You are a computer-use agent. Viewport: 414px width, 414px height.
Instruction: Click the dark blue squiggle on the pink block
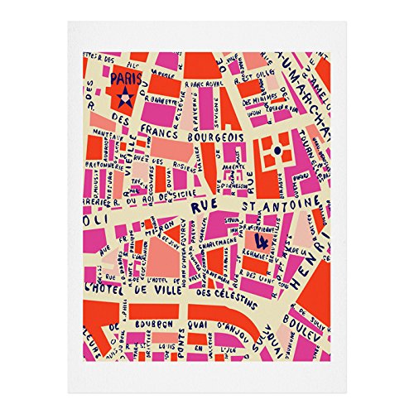coord(262,241)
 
